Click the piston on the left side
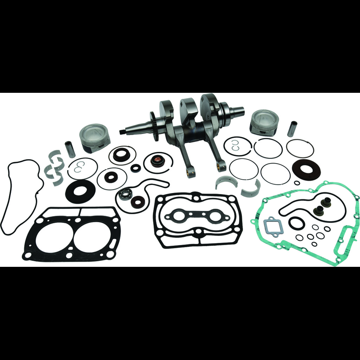[94, 137]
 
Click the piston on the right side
[264, 122]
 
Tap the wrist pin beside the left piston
[70, 149]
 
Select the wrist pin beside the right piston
[292, 129]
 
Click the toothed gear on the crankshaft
[154, 126]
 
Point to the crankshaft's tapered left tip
[123, 132]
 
